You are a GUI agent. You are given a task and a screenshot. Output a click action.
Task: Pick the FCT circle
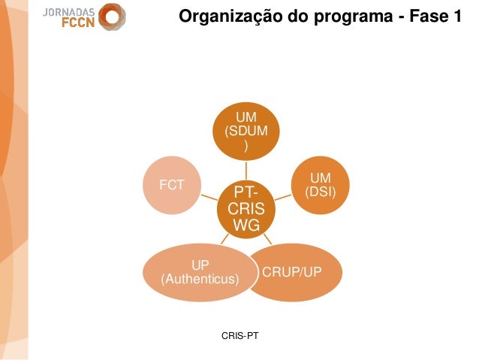point(172,184)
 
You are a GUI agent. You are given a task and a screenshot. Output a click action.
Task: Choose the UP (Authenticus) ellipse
point(200,272)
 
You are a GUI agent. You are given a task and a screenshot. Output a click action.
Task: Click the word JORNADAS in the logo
point(68,12)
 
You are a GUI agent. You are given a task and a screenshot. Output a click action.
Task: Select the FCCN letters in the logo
point(77,24)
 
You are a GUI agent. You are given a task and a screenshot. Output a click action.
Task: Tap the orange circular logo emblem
point(113,17)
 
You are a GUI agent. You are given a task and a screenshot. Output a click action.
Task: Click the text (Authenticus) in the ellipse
point(200,280)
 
